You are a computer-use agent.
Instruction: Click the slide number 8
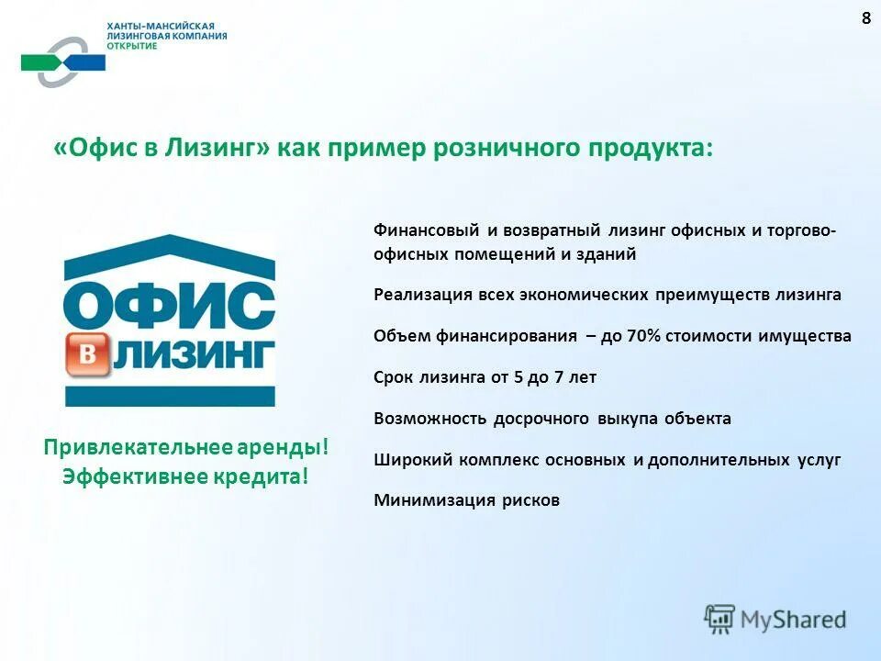pos(865,19)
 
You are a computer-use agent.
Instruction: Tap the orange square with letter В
pos(88,356)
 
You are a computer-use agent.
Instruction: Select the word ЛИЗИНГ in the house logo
pos(194,355)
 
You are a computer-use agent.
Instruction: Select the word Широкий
pos(409,460)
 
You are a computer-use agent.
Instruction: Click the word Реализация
pos(422,295)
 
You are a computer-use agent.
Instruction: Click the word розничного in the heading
pos(510,149)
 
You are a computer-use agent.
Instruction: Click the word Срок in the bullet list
pos(396,377)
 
